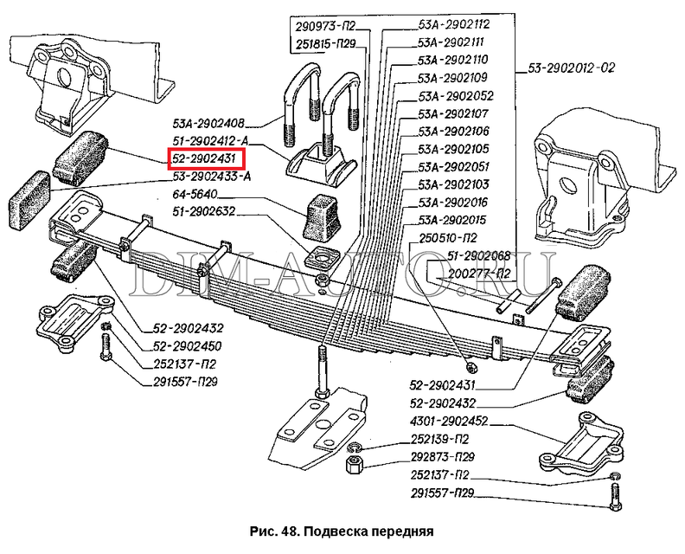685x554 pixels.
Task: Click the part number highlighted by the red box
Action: click(x=207, y=158)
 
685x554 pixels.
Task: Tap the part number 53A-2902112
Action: click(x=454, y=23)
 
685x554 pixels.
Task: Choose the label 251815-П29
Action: click(x=323, y=42)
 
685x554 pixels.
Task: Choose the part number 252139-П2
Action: click(x=441, y=440)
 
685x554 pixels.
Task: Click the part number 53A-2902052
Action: click(x=454, y=96)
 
